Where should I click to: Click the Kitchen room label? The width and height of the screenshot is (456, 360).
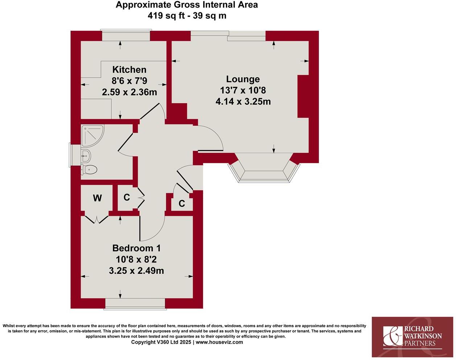click(129, 70)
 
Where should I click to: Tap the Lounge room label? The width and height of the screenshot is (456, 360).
click(243, 79)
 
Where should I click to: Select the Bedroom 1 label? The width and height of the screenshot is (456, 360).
click(136, 248)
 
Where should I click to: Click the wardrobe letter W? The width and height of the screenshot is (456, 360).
click(97, 198)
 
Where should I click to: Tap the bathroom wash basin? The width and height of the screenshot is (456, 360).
click(86, 156)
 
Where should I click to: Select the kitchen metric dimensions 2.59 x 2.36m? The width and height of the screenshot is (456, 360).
click(129, 92)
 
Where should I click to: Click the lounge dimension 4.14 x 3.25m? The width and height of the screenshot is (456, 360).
click(243, 102)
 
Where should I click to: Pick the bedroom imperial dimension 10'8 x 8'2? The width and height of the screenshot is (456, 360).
click(136, 260)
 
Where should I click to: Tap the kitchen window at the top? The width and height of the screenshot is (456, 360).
click(126, 36)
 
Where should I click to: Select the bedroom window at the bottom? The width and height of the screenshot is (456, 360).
click(135, 304)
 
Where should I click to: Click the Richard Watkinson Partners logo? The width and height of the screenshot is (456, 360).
click(413, 337)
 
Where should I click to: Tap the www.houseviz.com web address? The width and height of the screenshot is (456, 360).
click(219, 342)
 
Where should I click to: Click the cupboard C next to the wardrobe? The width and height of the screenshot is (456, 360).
click(127, 198)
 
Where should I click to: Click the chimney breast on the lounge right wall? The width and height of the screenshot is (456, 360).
click(303, 96)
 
